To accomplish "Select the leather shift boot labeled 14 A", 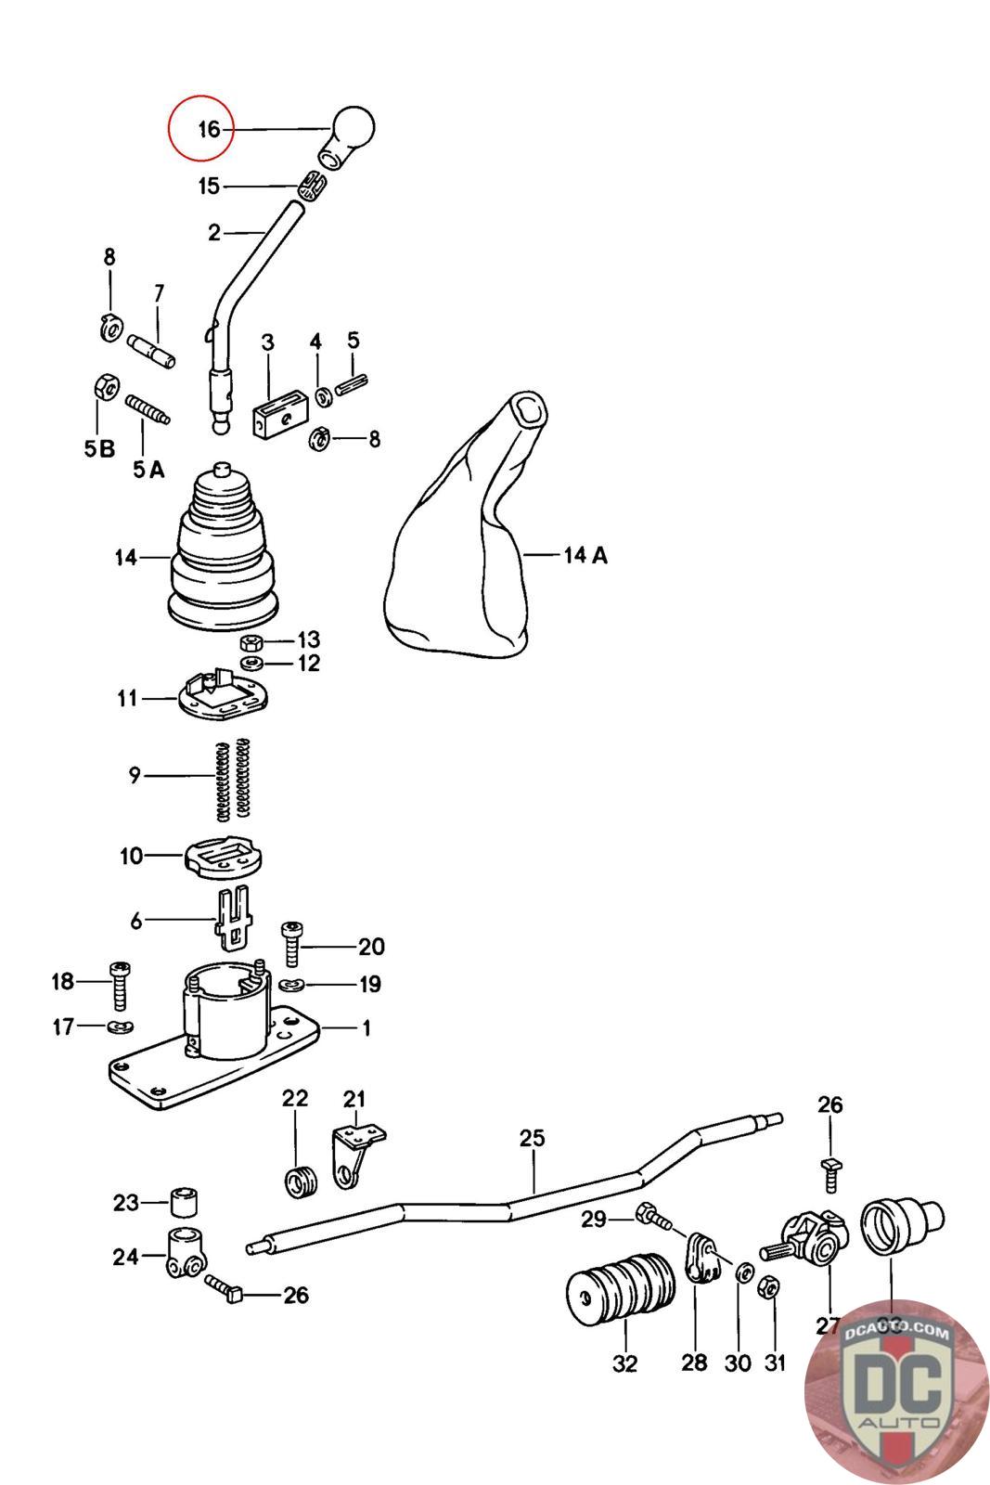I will click(461, 538).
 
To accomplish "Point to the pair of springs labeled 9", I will click(233, 778).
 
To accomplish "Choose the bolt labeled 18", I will click(121, 987).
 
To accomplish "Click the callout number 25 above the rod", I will click(533, 1138).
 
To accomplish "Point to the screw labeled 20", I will click(291, 943).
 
